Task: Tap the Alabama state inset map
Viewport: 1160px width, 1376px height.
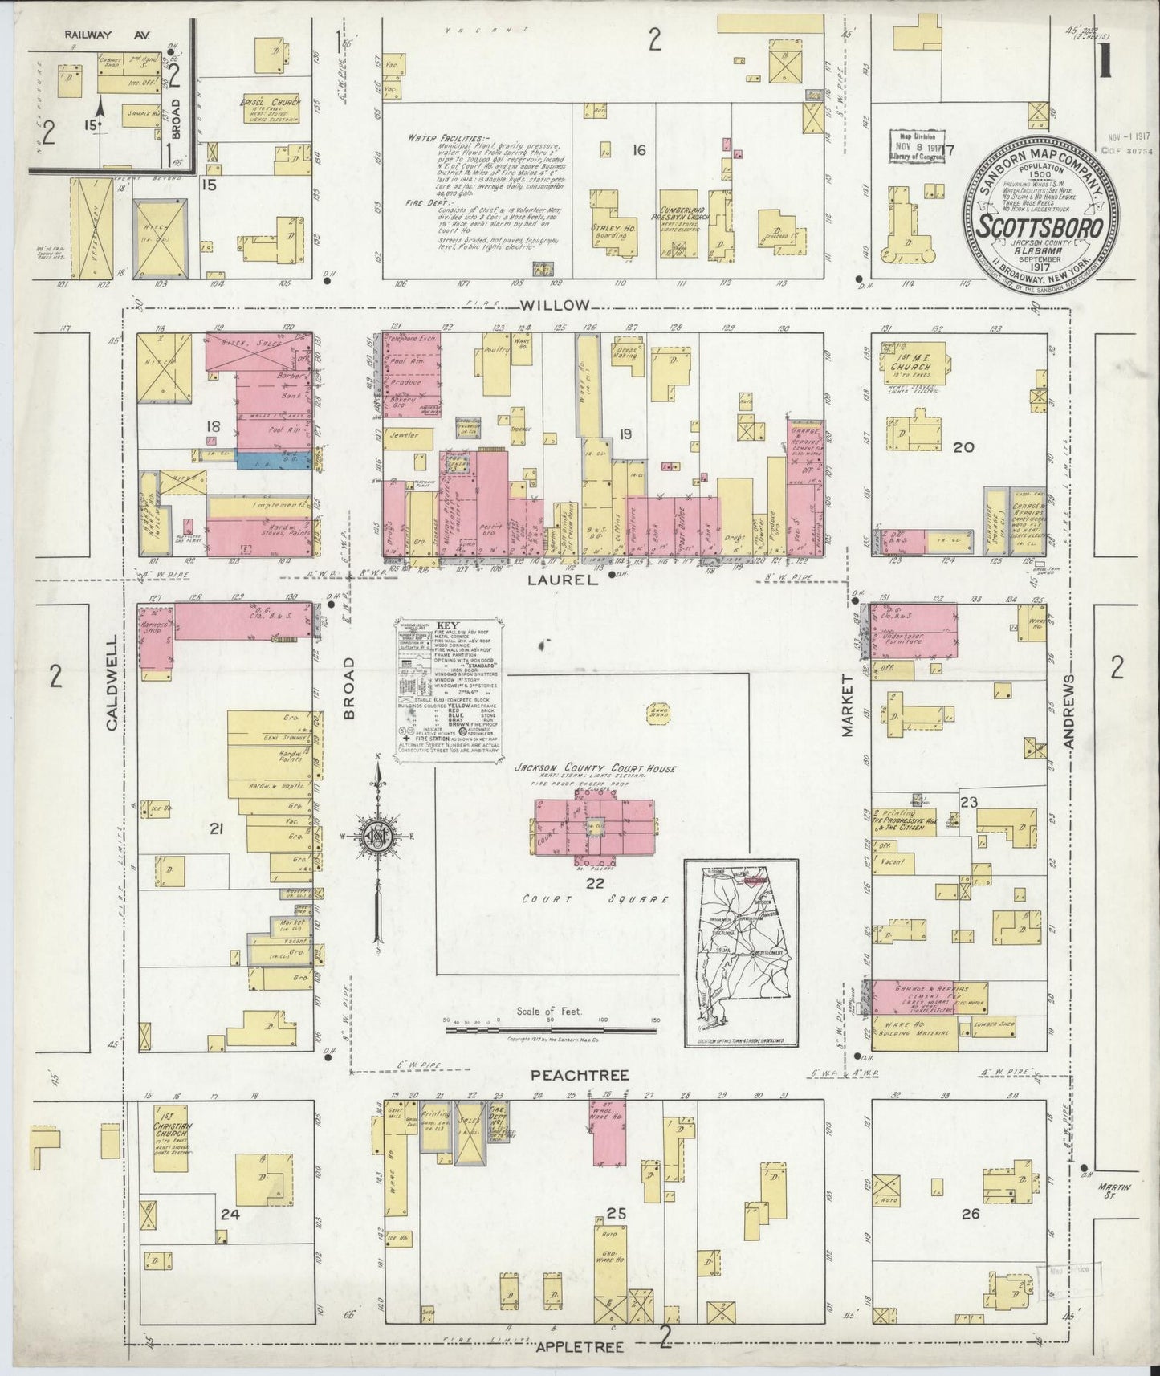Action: point(740,953)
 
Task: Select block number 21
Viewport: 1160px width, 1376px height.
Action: point(215,829)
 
